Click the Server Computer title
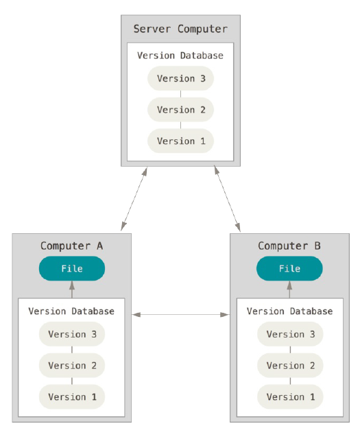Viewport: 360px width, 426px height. (180, 29)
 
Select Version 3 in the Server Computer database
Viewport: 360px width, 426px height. (180, 78)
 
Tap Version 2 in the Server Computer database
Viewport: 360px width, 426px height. (180, 110)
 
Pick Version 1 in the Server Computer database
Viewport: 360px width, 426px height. (180, 141)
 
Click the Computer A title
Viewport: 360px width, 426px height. (72, 246)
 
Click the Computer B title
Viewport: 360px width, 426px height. (289, 246)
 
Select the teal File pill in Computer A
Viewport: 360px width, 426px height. (72, 268)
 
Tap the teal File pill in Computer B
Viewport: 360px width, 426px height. (289, 268)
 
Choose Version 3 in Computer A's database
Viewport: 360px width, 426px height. (72, 334)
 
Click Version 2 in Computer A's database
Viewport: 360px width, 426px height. (72, 366)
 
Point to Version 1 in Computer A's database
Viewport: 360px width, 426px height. (72, 397)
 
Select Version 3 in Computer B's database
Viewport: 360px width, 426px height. (290, 334)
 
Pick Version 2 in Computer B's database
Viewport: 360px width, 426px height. (290, 366)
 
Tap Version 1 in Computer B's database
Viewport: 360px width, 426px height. (290, 397)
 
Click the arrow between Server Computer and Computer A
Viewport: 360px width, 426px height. (134, 199)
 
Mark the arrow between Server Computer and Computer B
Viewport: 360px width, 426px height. (227, 199)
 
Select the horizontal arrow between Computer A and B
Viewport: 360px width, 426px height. (180, 315)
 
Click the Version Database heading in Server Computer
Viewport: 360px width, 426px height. (180, 56)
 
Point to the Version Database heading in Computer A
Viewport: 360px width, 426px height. (71, 311)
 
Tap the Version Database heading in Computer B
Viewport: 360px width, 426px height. (289, 311)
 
